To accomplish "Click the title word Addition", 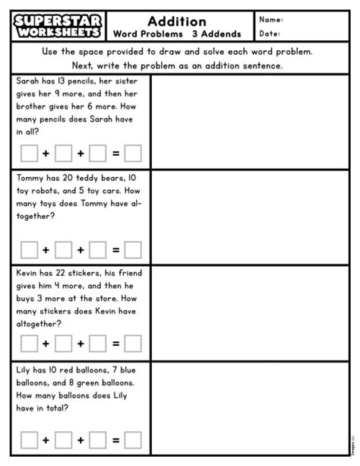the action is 178,21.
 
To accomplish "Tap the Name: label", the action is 271,20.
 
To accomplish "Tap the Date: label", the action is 270,33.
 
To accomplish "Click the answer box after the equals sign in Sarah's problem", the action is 134,154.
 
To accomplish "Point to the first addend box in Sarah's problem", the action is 29,154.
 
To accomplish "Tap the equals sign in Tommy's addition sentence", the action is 115,249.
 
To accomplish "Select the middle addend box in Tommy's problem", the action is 63,249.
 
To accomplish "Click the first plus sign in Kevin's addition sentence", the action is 46,344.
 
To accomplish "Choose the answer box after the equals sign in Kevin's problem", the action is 134,344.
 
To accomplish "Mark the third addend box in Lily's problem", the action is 97,439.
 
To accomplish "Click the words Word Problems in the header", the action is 144,34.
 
